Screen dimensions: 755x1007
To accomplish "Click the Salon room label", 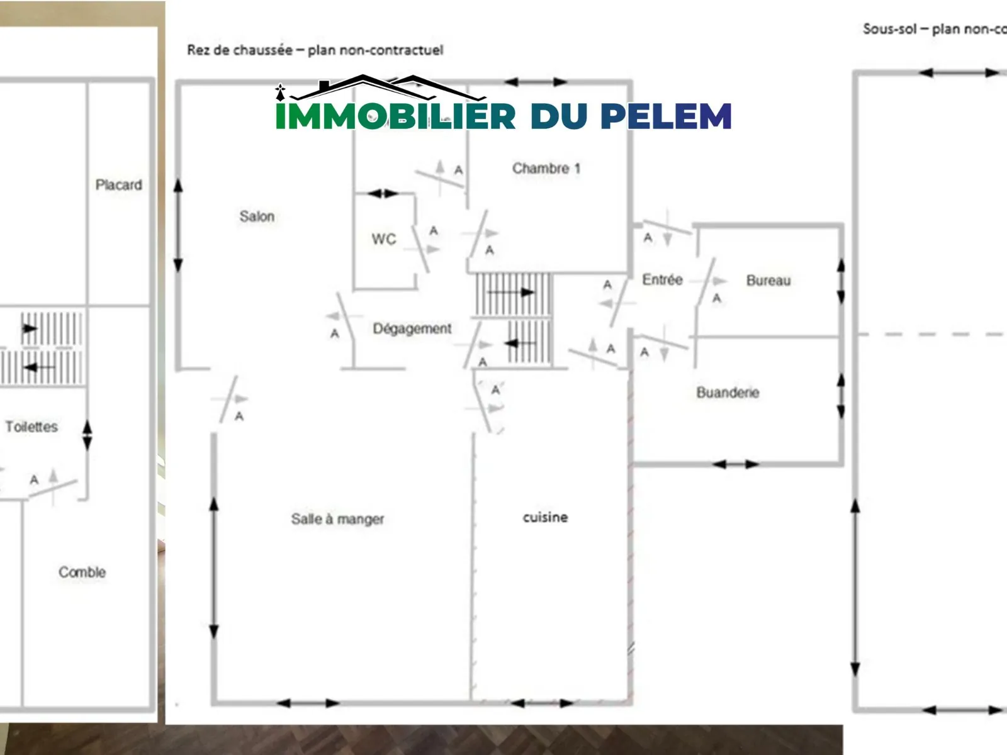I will [257, 216].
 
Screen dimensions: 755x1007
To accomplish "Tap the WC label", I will [384, 239].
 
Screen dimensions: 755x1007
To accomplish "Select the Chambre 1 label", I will [546, 169].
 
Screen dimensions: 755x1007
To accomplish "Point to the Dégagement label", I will [412, 328].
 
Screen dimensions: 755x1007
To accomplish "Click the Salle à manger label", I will [337, 519].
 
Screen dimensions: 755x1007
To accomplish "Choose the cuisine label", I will [545, 517].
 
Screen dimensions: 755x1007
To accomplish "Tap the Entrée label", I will [662, 280].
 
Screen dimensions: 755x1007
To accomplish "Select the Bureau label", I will [768, 281].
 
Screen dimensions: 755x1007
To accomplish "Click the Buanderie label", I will [728, 393].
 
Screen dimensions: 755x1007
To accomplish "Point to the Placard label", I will [119, 185].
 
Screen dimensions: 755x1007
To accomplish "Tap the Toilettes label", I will [31, 427].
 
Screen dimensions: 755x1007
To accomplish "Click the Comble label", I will [82, 573].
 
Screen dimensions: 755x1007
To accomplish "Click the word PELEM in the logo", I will [666, 116].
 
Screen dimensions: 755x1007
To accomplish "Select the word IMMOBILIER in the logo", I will [395, 116].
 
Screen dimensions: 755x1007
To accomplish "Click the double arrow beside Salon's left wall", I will [178, 225].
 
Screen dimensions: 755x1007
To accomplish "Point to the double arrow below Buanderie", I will [736, 464].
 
